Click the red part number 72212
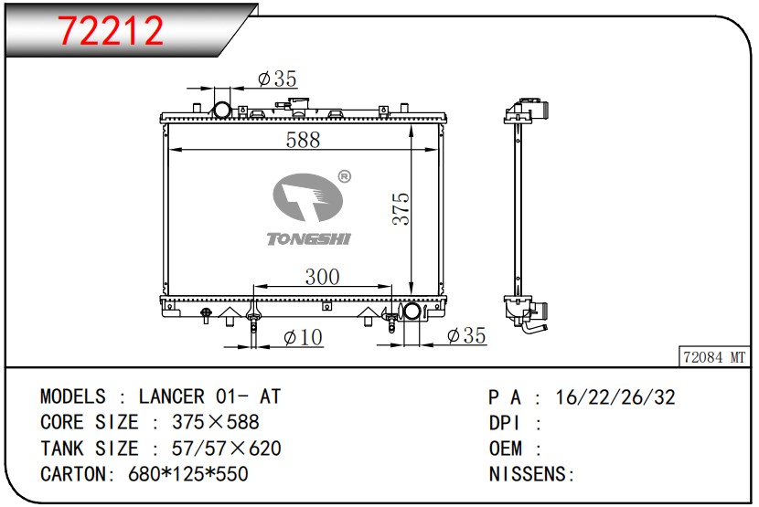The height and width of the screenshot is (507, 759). click(x=112, y=30)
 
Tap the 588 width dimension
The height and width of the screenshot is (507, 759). click(x=303, y=140)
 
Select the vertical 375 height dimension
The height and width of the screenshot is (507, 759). click(x=401, y=208)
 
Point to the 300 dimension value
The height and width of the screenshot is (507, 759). click(x=323, y=277)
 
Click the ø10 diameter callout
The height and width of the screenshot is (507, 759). click(x=303, y=337)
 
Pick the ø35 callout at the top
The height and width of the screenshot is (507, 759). click(x=277, y=79)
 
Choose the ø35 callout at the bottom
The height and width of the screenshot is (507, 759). click(x=466, y=335)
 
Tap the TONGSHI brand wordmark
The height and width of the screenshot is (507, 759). click(x=308, y=238)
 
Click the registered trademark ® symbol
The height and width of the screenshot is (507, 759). click(x=344, y=176)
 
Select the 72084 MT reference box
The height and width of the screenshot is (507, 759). click(x=714, y=357)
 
